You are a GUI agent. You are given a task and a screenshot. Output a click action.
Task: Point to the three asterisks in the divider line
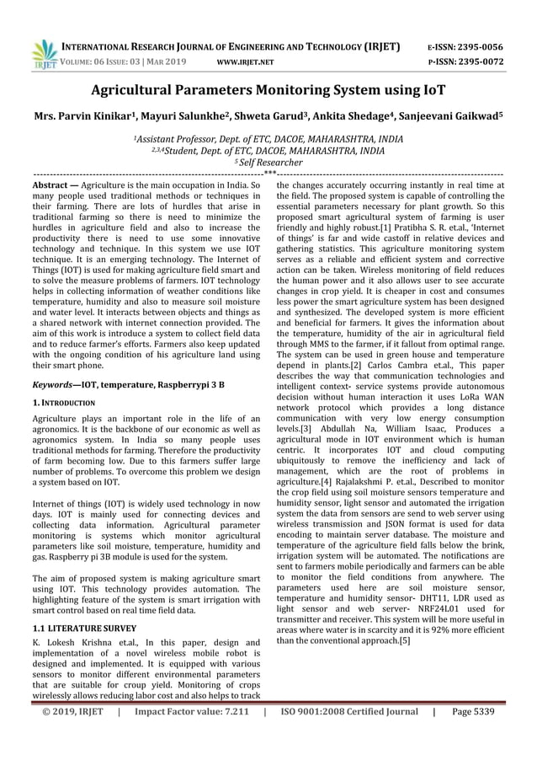point(268,173)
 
